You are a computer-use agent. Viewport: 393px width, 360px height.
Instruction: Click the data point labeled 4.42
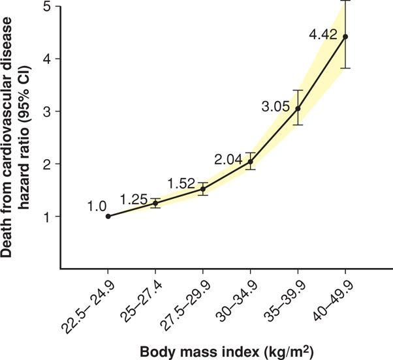(345, 37)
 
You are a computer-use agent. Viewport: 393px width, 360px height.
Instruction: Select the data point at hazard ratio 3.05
(298, 108)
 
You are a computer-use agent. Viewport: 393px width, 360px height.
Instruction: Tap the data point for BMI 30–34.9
(251, 161)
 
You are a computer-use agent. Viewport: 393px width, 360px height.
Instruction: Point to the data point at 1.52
(203, 188)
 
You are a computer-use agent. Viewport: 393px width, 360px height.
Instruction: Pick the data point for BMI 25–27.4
(155, 203)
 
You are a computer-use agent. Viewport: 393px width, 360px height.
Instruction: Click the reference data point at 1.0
(108, 216)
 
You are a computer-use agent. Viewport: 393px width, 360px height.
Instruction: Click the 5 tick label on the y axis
(49, 7)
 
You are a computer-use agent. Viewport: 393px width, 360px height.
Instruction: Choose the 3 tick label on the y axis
(49, 112)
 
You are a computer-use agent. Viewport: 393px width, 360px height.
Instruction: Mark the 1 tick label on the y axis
(49, 216)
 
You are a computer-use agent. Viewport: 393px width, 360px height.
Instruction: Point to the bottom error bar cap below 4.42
(345, 68)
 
